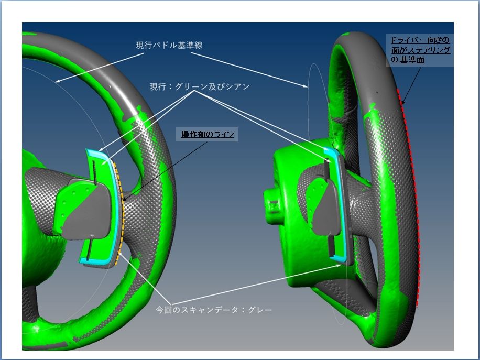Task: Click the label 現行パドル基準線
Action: point(169,45)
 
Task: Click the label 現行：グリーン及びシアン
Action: point(200,86)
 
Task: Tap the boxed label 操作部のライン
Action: point(207,134)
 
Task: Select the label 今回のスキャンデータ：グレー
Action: point(214,310)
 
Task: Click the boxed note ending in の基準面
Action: point(420,50)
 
